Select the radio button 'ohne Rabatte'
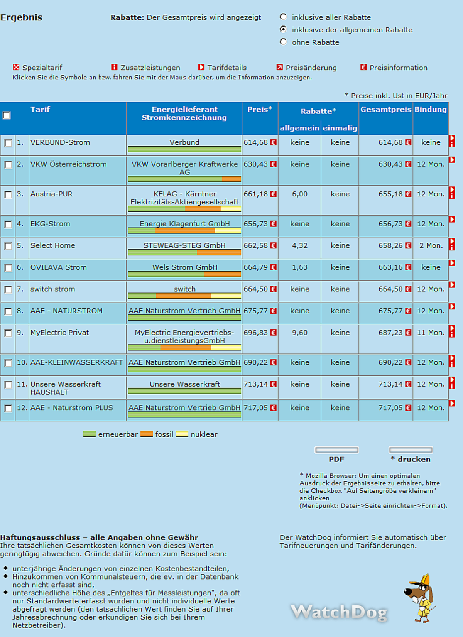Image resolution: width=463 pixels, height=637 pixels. [283, 42]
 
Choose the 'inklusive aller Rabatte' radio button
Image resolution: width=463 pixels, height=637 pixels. [283, 17]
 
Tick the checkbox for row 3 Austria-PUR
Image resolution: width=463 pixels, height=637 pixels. [8, 194]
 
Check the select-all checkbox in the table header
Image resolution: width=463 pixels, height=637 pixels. [7, 115]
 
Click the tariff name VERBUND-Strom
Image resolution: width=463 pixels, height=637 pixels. [60, 142]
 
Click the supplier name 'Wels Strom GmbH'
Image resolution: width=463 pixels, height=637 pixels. [184, 267]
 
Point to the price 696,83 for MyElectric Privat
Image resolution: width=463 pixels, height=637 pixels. [255, 333]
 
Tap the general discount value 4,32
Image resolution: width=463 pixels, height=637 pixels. [300, 246]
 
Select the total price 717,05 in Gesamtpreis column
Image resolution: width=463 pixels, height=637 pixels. [390, 408]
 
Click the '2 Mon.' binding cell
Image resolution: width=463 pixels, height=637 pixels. [431, 246]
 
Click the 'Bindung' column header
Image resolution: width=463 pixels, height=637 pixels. [431, 110]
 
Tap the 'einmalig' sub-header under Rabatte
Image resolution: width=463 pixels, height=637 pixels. [340, 128]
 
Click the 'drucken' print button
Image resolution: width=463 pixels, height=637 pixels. [411, 450]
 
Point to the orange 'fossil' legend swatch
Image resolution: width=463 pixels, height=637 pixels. [147, 434]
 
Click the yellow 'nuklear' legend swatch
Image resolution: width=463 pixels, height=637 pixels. [182, 434]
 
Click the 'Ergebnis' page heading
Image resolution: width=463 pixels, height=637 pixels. [21, 17]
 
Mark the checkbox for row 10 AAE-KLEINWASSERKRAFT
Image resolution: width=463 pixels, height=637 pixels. [8, 363]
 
